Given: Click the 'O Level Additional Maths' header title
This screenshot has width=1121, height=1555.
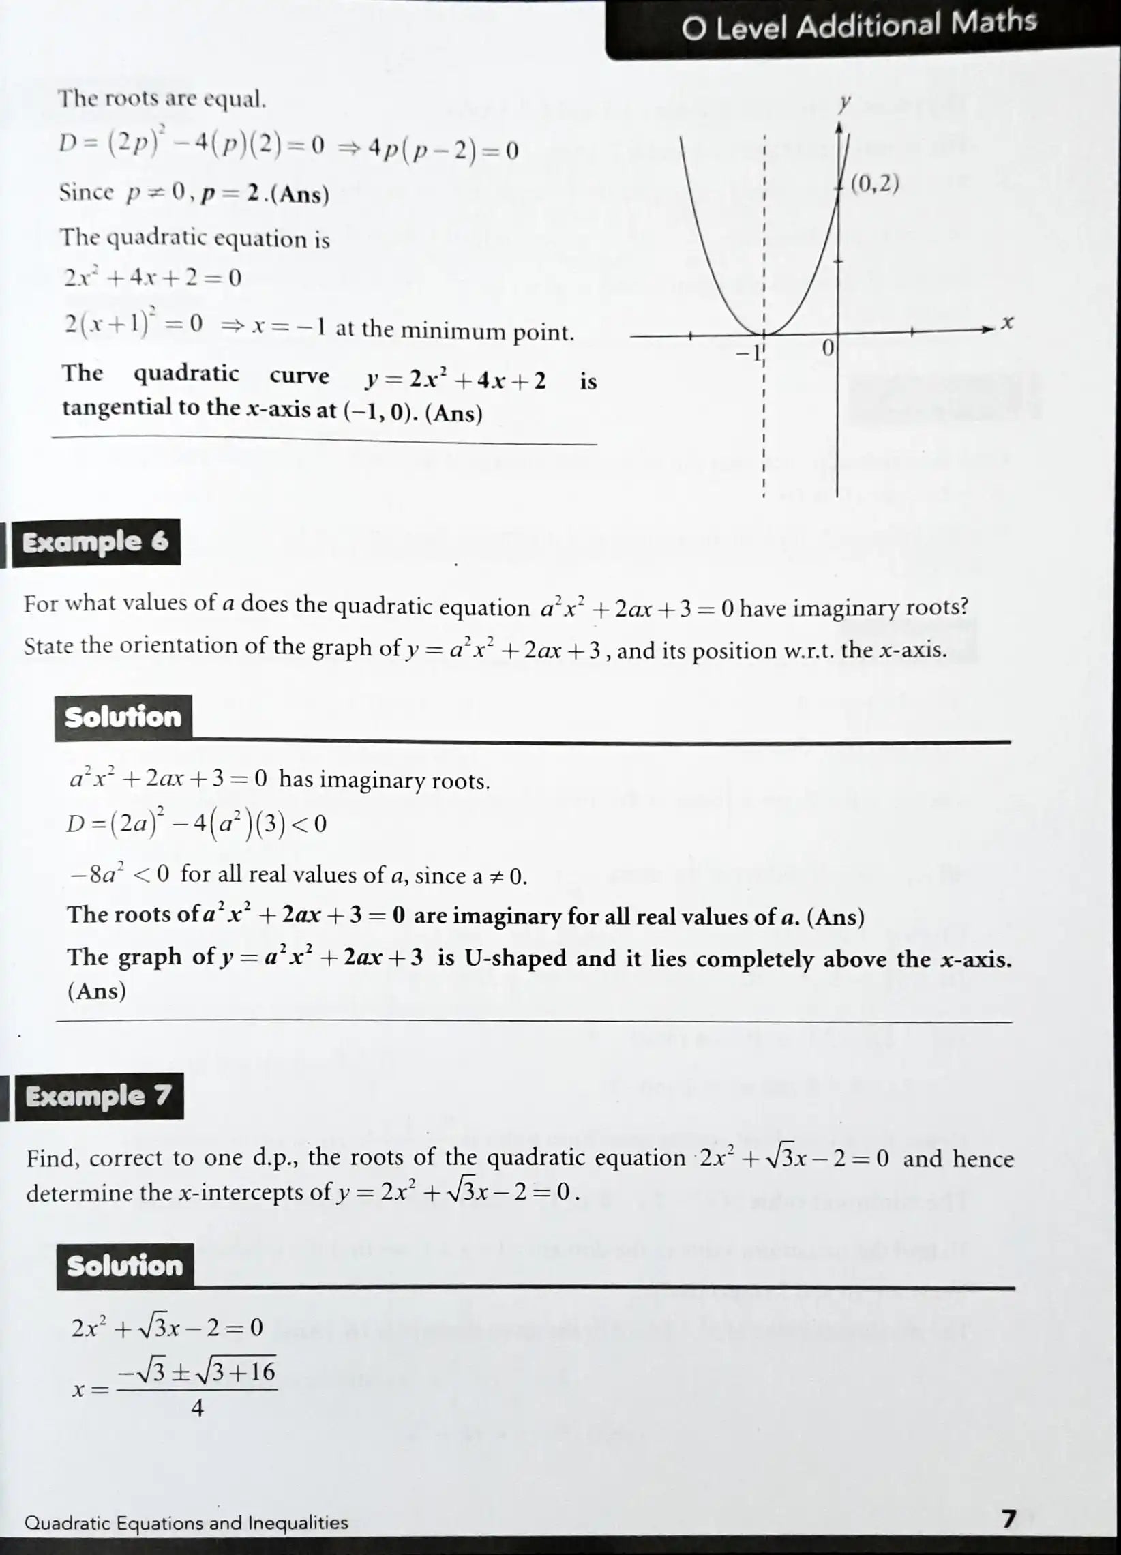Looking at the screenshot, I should click(x=858, y=27).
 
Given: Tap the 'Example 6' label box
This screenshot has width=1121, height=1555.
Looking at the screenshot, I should click(x=95, y=542).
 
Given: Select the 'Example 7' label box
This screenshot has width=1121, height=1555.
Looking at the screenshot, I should click(x=98, y=1095).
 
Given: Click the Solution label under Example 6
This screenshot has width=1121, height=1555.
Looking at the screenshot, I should click(x=123, y=717).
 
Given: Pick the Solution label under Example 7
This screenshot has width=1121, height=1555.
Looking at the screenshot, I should click(x=124, y=1266).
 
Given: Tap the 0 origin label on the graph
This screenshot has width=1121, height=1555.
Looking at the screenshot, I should click(x=827, y=349).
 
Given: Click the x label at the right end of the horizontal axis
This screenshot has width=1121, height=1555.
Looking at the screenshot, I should click(x=1006, y=322).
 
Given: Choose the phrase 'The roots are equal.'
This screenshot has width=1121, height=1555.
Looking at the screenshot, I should click(x=162, y=100).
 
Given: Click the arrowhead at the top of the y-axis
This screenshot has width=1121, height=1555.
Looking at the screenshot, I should click(x=839, y=128).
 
